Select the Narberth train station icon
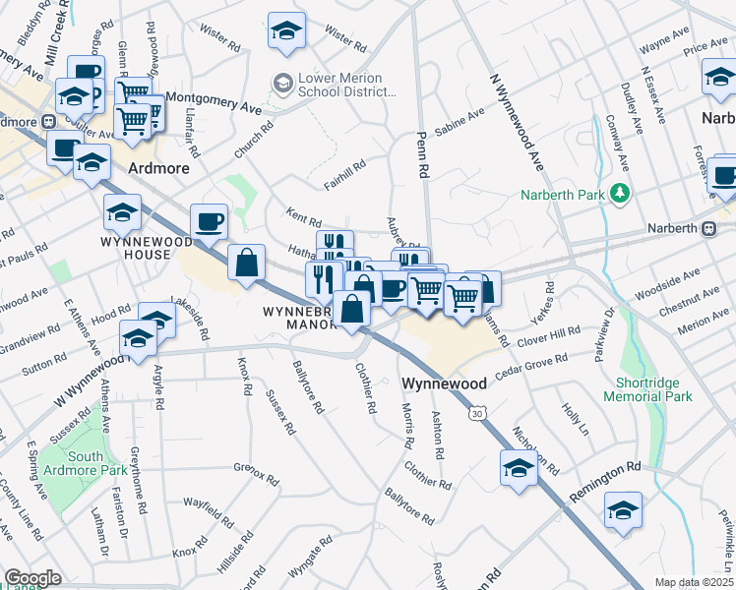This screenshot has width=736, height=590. [708, 228]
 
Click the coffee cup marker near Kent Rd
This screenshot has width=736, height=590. [209, 221]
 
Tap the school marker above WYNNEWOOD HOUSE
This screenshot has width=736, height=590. [122, 211]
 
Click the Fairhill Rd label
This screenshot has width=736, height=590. [344, 175]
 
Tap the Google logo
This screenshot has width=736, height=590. [32, 578]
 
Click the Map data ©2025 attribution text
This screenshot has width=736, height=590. [694, 582]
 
